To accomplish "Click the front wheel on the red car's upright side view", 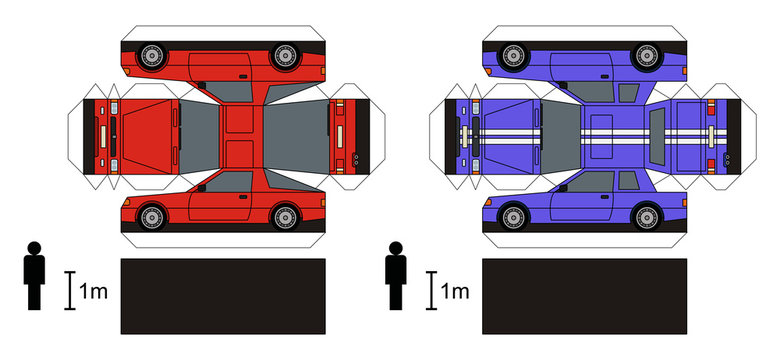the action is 153,215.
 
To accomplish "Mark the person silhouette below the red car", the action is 34,274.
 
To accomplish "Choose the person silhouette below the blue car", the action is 397,274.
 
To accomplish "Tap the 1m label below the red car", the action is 92,291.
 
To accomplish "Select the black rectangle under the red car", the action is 223,296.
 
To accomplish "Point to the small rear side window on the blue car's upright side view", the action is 629,183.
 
